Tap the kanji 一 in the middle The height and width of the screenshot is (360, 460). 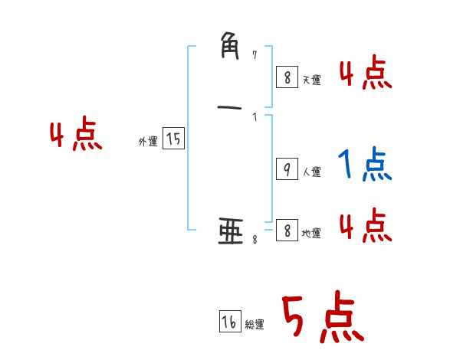point(231,107)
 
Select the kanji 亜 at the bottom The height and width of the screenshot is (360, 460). point(231,231)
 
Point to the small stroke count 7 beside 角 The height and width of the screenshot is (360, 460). point(255,55)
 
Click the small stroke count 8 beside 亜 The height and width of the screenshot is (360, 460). point(255,240)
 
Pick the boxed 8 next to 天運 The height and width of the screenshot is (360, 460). point(286,77)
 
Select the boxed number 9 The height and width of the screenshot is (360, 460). point(286,169)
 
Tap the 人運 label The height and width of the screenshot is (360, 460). point(311,172)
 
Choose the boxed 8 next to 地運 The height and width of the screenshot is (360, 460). point(286,231)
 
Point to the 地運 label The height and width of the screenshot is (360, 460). point(311,234)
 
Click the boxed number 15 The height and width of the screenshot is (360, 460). point(173,139)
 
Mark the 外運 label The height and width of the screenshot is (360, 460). point(148,142)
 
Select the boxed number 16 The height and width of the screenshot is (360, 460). point(229,322)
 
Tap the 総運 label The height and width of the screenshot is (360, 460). point(255,326)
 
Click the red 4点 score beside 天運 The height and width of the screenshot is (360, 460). point(366,75)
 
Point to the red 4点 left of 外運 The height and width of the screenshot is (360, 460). point(76,136)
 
